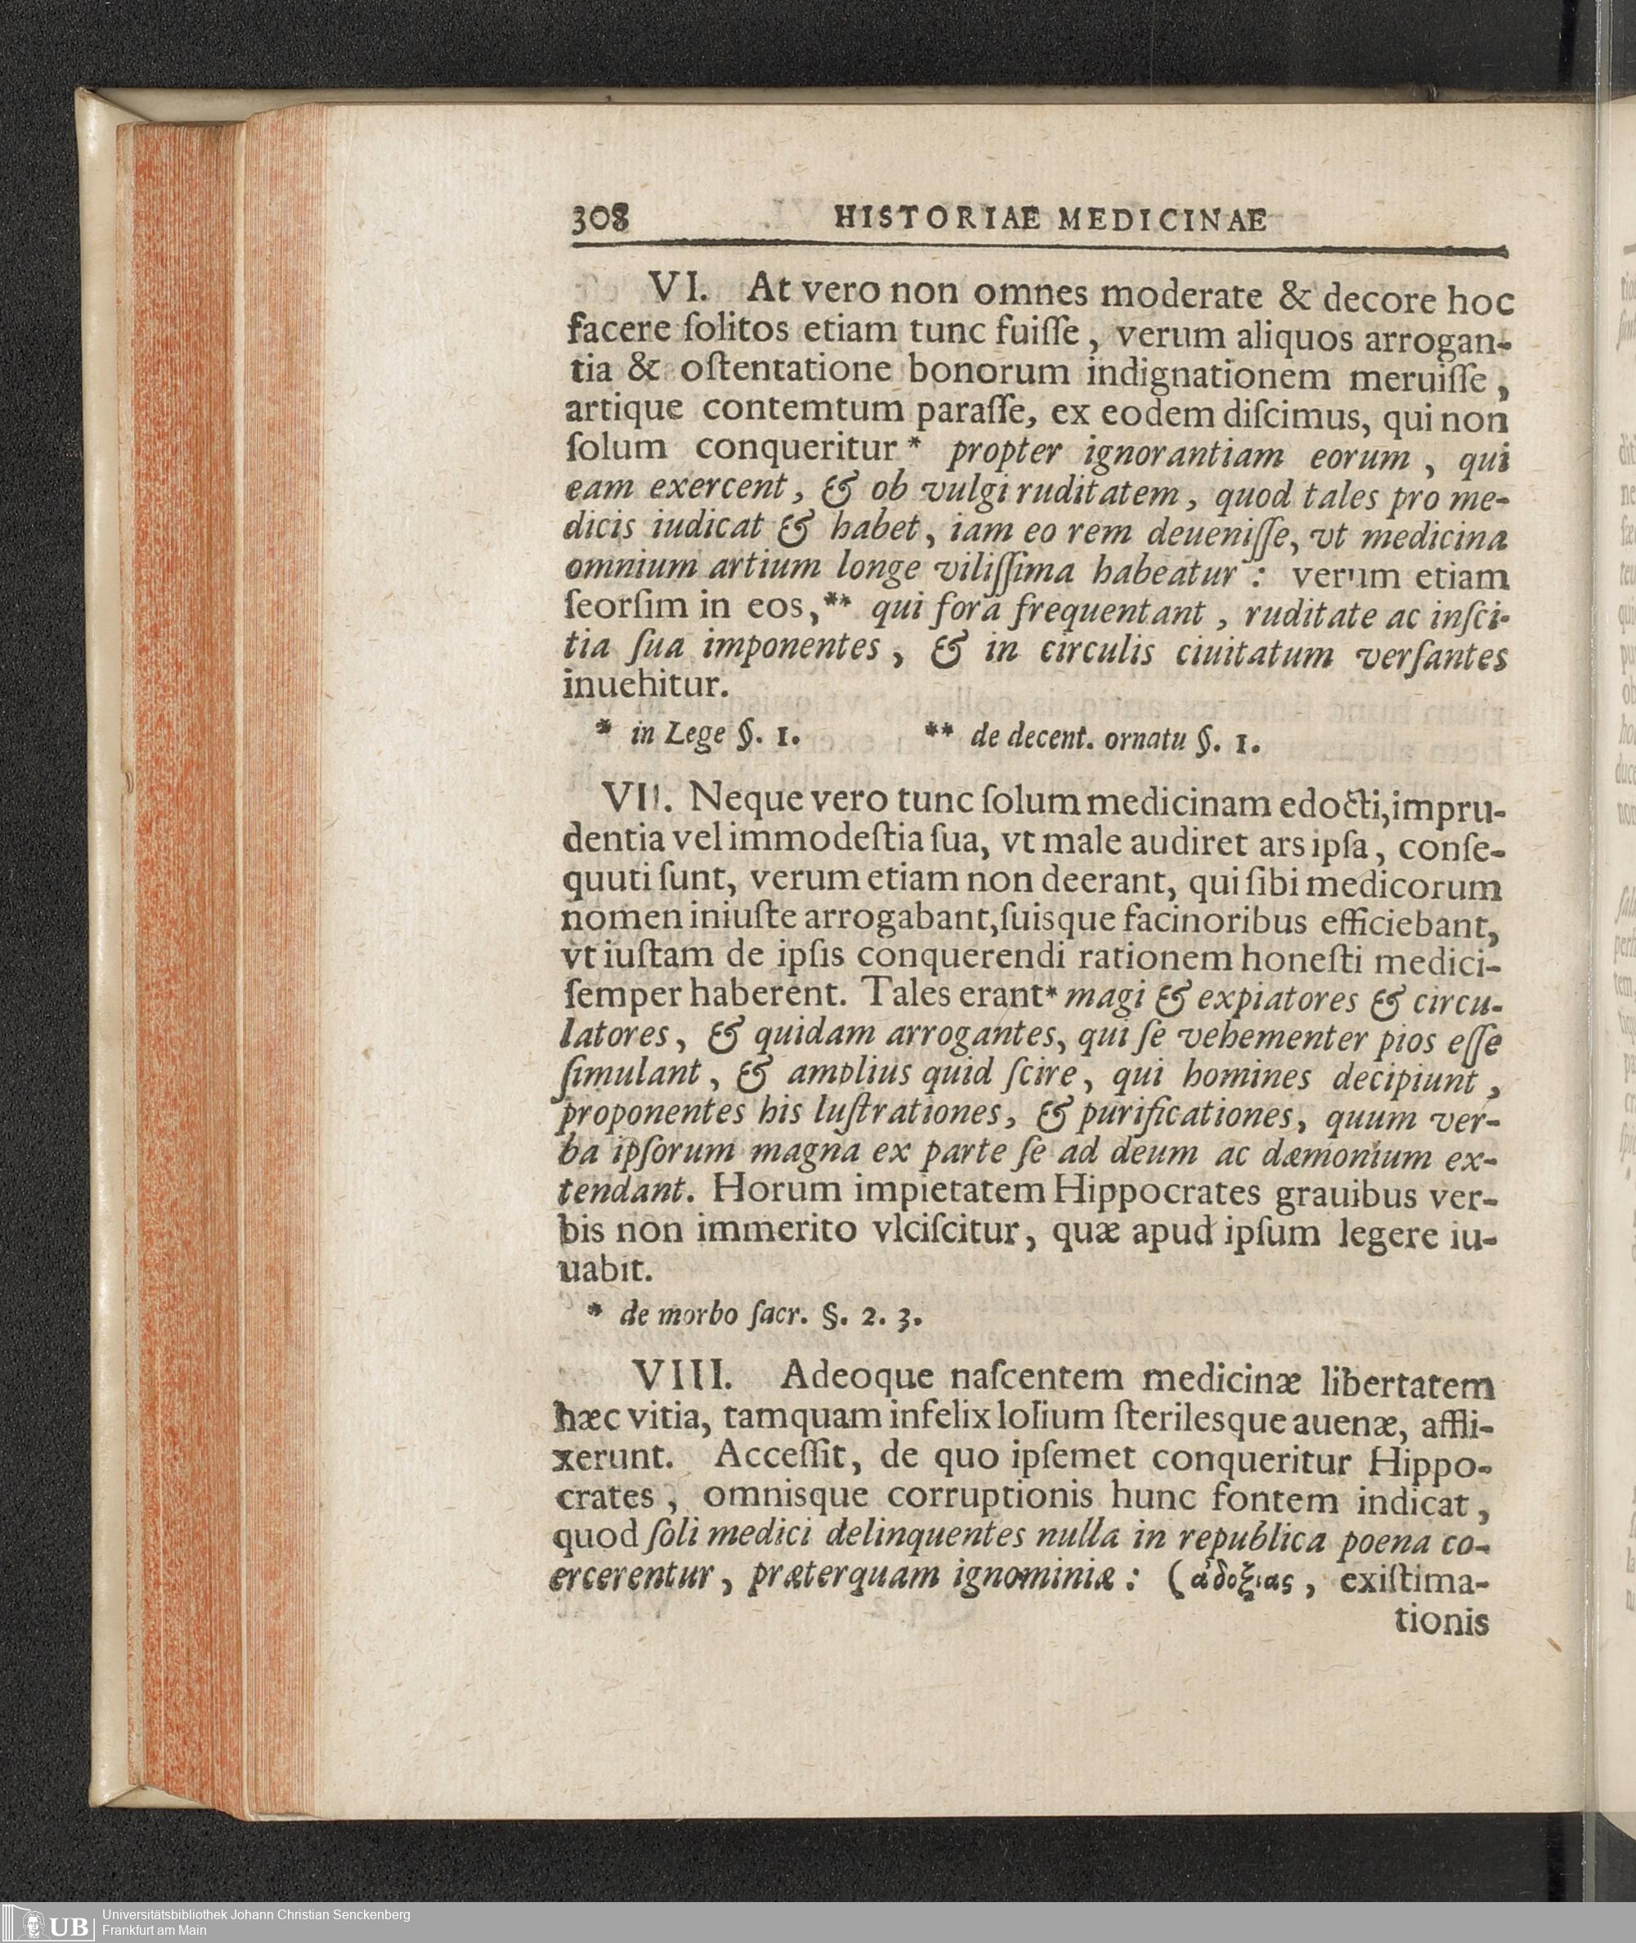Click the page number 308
coord(600,220)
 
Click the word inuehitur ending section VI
coord(640,686)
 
